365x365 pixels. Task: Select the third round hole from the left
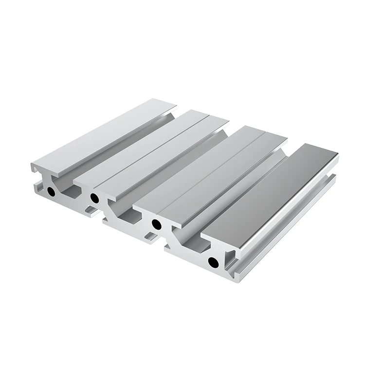156,224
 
